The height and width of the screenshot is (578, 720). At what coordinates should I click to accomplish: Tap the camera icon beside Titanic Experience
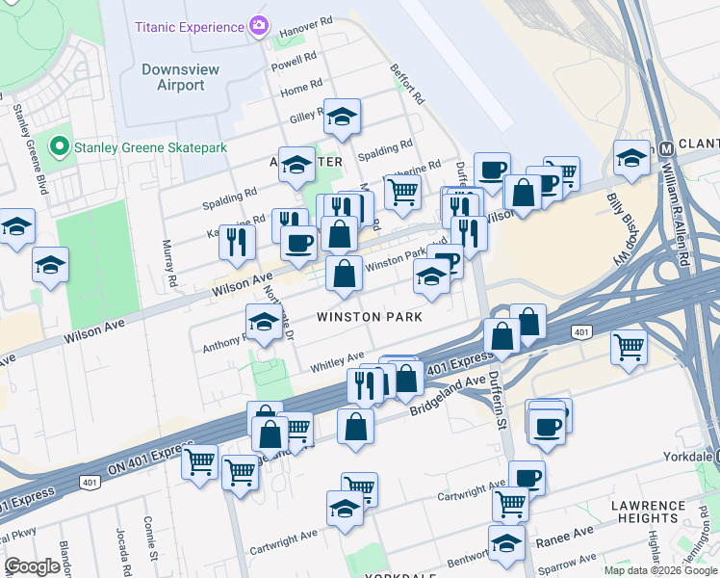pyautogui.click(x=258, y=25)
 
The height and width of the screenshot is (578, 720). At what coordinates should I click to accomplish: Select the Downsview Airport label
pyautogui.click(x=173, y=77)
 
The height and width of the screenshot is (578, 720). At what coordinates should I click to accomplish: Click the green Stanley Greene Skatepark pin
pyautogui.click(x=60, y=147)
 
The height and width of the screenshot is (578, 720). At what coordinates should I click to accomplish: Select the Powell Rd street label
pyautogui.click(x=294, y=62)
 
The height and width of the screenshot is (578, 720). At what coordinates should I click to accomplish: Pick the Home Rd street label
pyautogui.click(x=300, y=90)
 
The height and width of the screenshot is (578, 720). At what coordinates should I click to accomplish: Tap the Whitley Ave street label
pyautogui.click(x=337, y=360)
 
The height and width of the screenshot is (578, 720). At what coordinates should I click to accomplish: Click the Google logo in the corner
pyautogui.click(x=32, y=566)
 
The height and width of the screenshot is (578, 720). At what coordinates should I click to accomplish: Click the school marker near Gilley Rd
pyautogui.click(x=341, y=116)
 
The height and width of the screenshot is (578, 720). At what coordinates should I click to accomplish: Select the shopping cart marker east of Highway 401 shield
pyautogui.click(x=629, y=345)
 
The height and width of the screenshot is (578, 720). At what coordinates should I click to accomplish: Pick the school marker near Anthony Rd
pyautogui.click(x=263, y=321)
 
